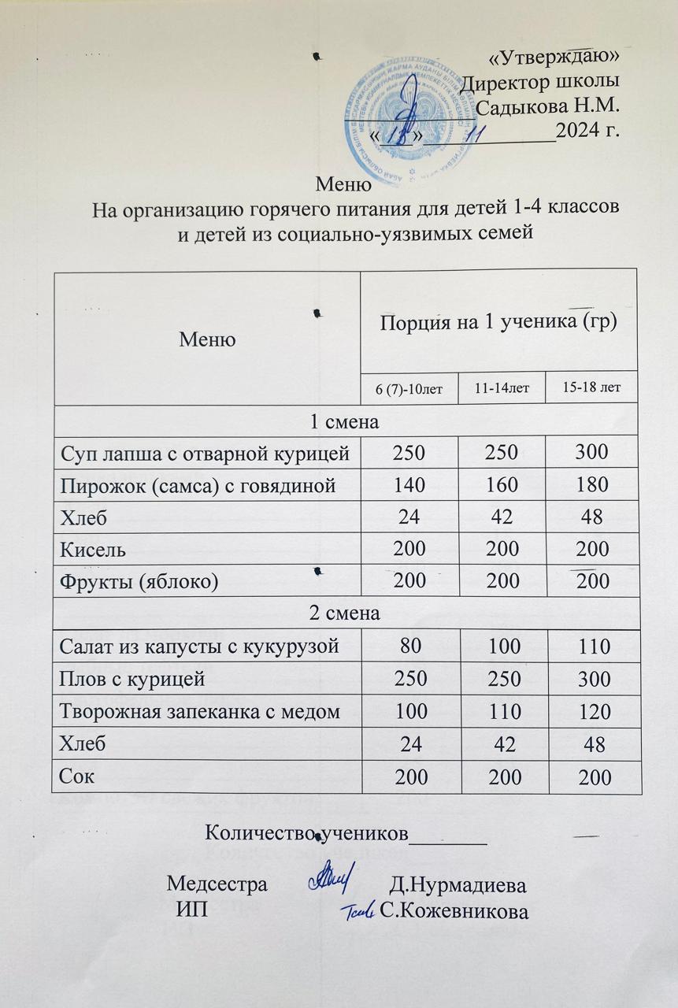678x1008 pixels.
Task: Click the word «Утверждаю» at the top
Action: (x=554, y=57)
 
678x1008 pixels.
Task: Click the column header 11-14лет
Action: (x=501, y=389)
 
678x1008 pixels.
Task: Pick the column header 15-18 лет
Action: (x=592, y=389)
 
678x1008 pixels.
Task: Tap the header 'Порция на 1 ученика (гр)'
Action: (x=498, y=323)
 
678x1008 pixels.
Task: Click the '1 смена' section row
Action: (x=347, y=421)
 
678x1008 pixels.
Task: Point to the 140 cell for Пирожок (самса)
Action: (x=408, y=485)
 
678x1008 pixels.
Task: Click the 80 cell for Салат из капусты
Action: (x=408, y=647)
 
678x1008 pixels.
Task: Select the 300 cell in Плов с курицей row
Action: (x=592, y=679)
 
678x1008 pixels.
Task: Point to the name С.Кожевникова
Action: (x=453, y=911)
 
